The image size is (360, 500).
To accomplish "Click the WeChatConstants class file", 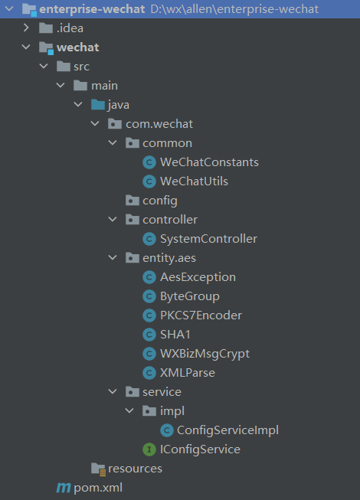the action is [209, 162].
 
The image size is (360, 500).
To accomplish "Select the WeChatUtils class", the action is [194, 181].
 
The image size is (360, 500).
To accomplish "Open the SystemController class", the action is [208, 239].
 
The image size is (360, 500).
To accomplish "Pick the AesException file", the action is [198, 277].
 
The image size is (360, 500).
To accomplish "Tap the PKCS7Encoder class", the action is [201, 315].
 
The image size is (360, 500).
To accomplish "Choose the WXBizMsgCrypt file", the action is [205, 354].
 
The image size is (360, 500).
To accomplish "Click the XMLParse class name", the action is [188, 373].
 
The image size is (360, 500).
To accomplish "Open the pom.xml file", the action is [98, 488].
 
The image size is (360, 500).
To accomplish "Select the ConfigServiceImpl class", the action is [227, 430].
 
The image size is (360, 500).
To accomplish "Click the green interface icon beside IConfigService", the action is [149, 449].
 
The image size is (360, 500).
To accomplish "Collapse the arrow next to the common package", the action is [113, 143].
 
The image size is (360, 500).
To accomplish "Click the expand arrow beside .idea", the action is [26, 28].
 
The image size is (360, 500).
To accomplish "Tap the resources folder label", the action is [135, 469].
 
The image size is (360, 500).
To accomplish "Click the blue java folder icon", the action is [98, 105].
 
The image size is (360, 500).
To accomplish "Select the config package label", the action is [160, 201].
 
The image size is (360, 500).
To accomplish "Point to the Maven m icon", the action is [64, 488].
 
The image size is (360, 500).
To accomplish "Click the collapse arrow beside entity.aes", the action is [113, 257].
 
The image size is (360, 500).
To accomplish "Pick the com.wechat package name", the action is [159, 124].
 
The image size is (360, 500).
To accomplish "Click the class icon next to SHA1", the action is [149, 335].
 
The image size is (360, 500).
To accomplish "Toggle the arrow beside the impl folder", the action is [129, 410].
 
